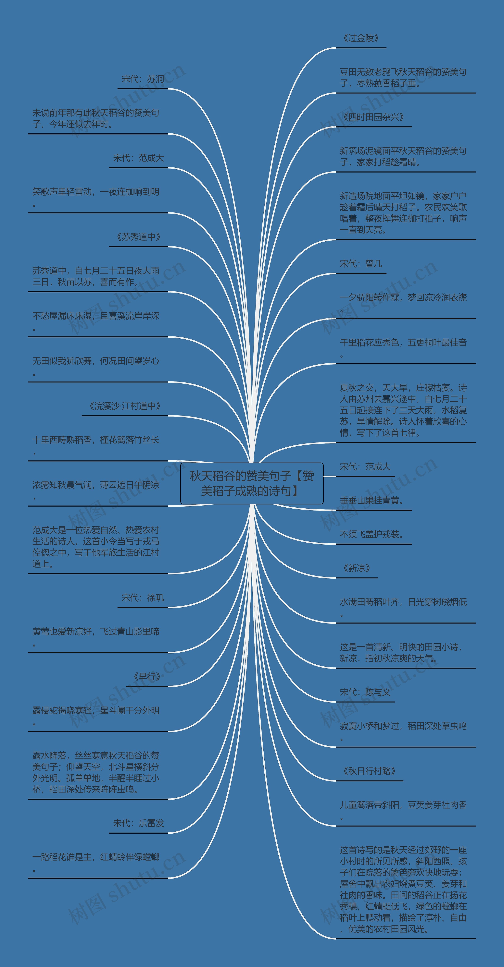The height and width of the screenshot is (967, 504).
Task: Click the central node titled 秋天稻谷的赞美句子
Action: click(252, 483)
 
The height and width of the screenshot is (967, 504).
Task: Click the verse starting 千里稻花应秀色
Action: click(403, 343)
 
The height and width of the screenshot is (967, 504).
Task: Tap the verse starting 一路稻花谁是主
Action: click(96, 857)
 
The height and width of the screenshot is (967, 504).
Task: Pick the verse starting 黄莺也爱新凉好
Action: click(96, 632)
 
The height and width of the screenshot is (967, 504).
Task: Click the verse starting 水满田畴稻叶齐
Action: click(403, 602)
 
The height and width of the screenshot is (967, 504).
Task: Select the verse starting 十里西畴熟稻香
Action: click(96, 440)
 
